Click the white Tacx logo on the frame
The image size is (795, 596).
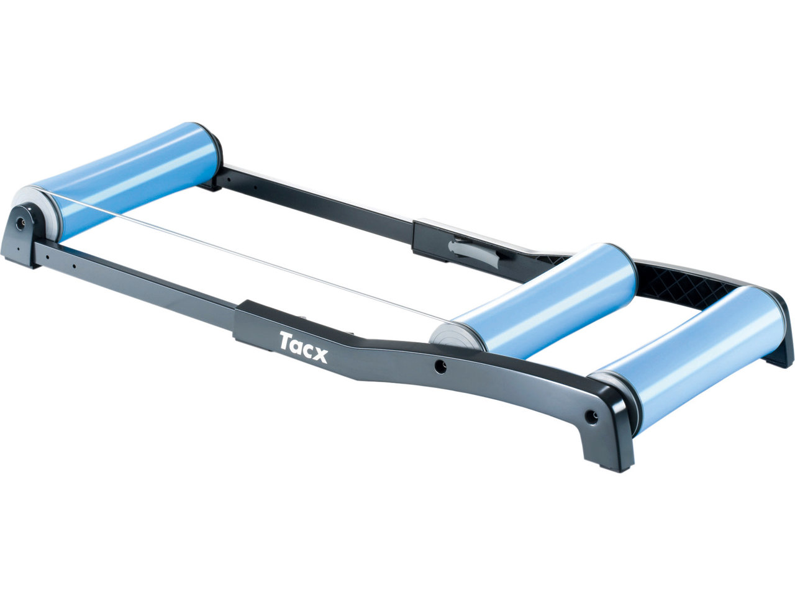tap(304, 346)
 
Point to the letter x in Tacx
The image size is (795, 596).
tap(319, 355)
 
